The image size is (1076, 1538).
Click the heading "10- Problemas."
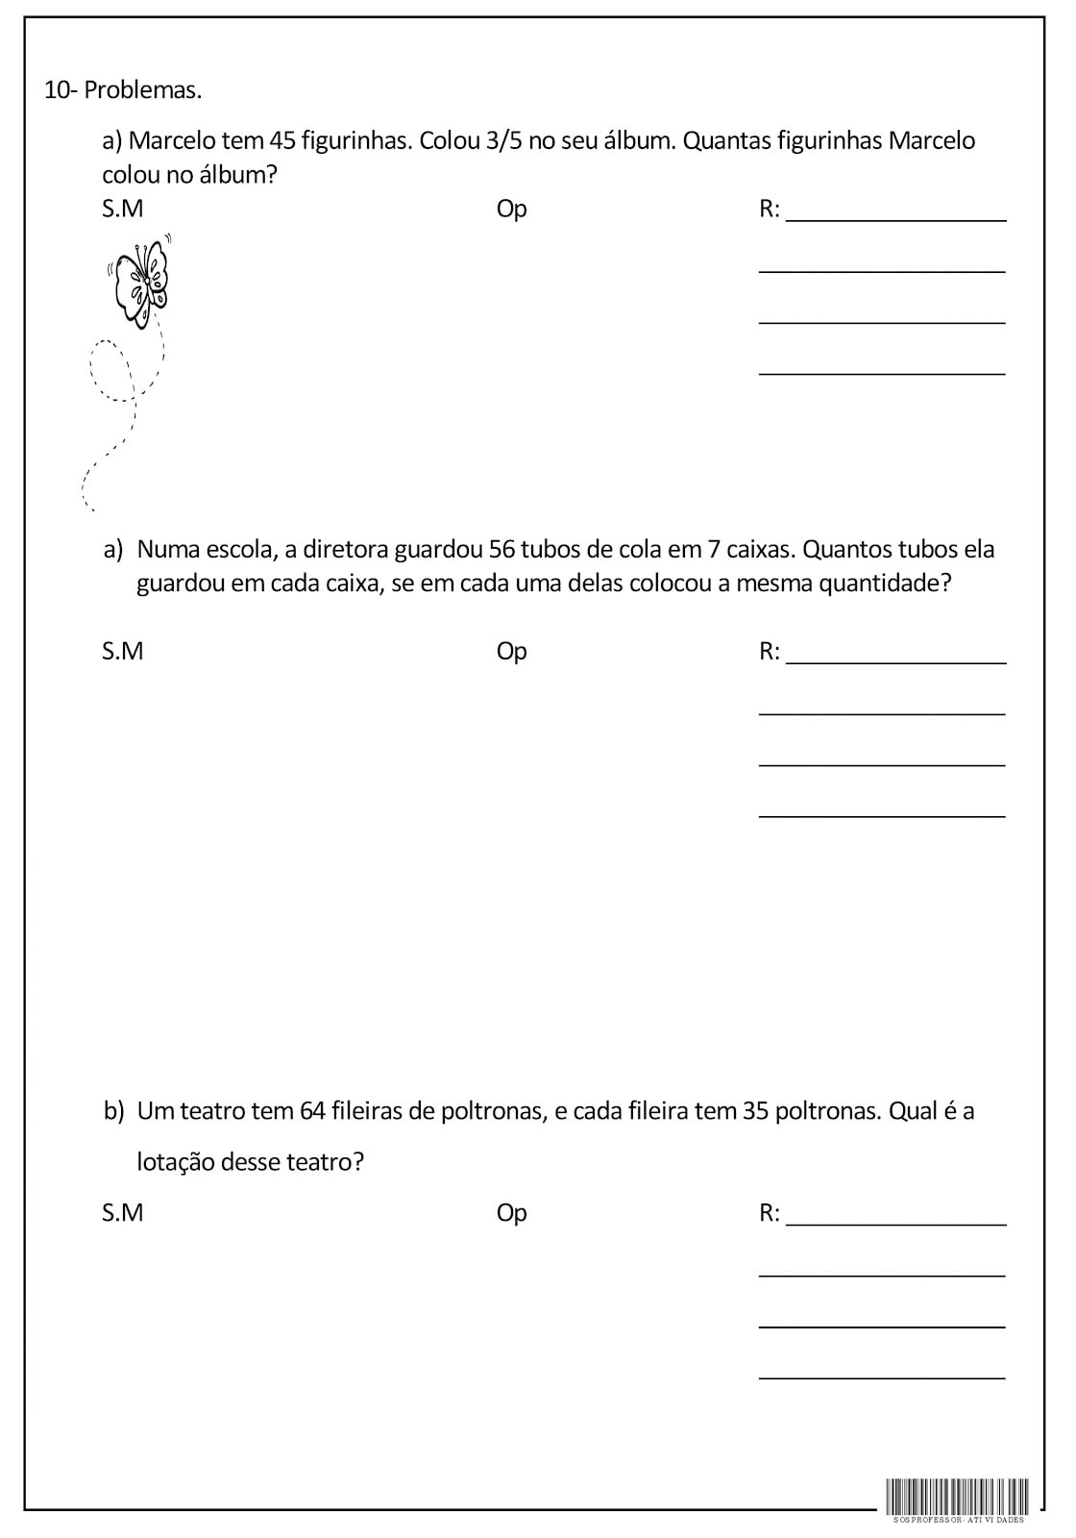[x=123, y=90]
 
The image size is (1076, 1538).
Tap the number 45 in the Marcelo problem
[x=281, y=141]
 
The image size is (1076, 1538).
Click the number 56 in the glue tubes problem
[x=502, y=550]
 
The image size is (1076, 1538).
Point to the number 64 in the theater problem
[x=312, y=1111]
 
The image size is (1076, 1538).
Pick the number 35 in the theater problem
[x=755, y=1111]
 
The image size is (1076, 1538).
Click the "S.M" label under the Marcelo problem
[x=122, y=209]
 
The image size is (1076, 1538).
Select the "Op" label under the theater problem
[x=511, y=1213]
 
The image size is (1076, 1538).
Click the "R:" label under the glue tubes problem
[x=770, y=652]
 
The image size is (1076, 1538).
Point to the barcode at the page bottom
[x=957, y=1496]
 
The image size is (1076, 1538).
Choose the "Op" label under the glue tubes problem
[x=511, y=652]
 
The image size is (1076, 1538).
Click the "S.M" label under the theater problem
[x=122, y=1213]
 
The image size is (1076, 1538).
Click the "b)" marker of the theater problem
[x=114, y=1111]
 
